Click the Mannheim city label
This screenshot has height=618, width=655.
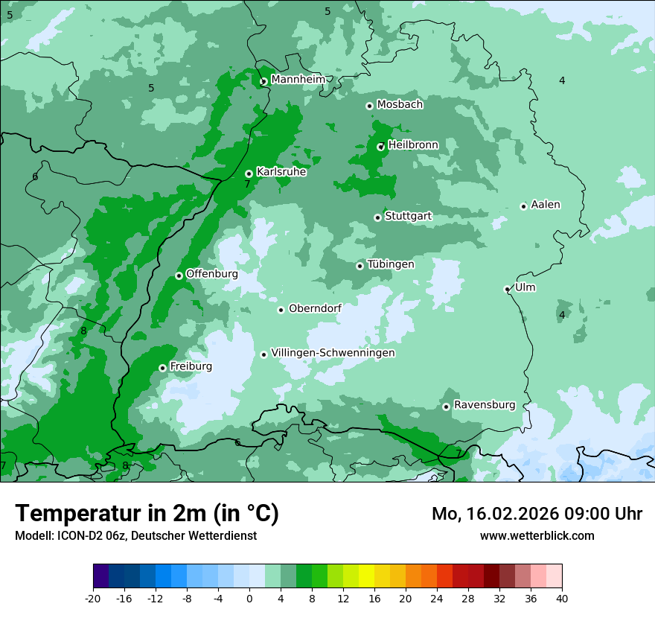coord(298,80)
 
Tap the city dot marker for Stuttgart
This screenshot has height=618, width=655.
coord(378,217)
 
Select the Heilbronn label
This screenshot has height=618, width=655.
coord(413,145)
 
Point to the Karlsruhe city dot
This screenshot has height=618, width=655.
coord(249,174)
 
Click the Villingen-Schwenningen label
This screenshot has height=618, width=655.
coord(333,353)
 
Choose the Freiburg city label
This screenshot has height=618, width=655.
coord(191,366)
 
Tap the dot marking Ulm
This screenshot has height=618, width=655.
coord(508,289)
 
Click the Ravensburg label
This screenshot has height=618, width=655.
coord(484,405)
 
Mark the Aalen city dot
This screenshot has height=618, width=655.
coord(523,206)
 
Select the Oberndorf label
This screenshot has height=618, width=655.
coord(315,308)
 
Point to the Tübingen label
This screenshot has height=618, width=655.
coord(390,264)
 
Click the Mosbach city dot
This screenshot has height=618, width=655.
coord(369,106)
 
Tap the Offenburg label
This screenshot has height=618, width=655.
coord(211,274)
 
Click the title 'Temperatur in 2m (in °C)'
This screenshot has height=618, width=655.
coord(147,514)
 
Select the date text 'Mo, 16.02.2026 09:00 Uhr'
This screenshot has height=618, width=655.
coord(537,514)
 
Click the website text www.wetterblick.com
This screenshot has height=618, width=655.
coord(537,536)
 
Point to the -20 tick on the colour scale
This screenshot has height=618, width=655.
coord(93,598)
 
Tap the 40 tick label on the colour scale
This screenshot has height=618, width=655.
coord(562,598)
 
